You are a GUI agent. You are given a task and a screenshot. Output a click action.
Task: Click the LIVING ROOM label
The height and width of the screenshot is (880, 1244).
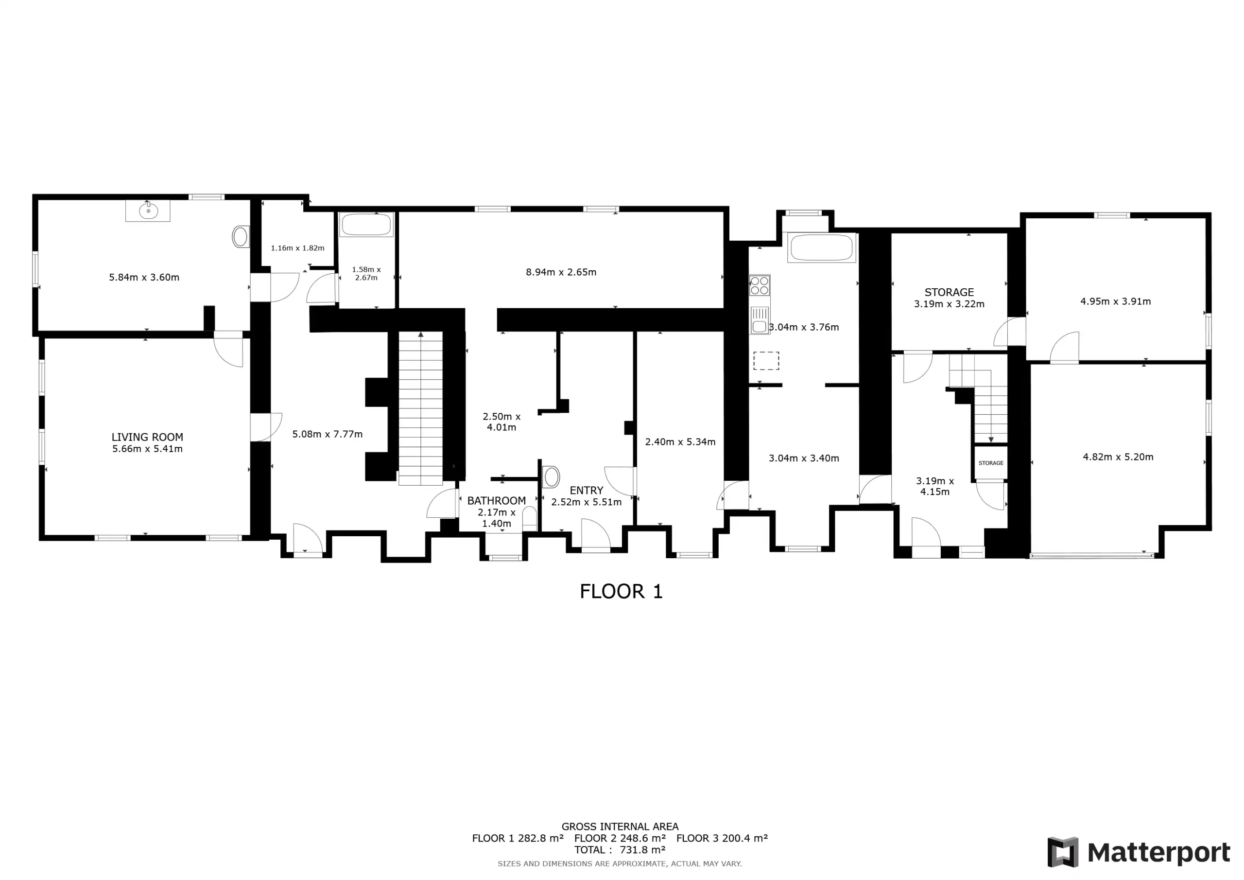tap(147, 437)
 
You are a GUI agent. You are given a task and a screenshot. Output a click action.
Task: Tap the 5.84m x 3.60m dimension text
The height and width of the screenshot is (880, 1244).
tap(144, 277)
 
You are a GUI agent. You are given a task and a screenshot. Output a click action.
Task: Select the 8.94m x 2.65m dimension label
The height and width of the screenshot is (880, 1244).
tap(561, 272)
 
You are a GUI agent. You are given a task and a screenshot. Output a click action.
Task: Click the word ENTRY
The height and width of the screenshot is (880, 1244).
tap(586, 490)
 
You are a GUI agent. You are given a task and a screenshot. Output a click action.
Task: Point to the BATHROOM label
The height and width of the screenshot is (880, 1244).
tap(496, 500)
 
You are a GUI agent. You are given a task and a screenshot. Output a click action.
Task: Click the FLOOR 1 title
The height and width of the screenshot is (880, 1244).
tap(621, 591)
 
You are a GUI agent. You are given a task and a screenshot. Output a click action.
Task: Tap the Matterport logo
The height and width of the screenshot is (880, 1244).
tap(1139, 852)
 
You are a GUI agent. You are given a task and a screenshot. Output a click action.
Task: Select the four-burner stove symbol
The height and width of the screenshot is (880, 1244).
tap(760, 285)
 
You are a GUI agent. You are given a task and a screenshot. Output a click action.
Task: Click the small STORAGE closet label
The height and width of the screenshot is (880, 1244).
tap(991, 463)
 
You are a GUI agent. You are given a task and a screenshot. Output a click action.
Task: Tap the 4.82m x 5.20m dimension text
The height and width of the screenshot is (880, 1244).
tap(1118, 457)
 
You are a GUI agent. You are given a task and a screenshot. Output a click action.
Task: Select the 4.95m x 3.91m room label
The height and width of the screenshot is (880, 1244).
tap(1116, 301)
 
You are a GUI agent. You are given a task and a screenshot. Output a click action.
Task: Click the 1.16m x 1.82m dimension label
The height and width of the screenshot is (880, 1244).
tap(297, 248)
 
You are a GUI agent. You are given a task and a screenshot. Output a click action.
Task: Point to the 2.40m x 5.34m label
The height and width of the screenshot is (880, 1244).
tap(680, 441)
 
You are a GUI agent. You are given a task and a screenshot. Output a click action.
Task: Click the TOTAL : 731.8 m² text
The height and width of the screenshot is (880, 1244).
tap(620, 850)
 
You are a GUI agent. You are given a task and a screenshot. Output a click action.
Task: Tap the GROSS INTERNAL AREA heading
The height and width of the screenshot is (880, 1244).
tap(620, 827)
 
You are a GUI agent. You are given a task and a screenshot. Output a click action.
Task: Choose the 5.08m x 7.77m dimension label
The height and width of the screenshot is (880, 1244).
tap(327, 434)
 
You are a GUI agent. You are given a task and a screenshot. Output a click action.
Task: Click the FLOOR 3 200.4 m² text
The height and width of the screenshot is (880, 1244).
tap(722, 838)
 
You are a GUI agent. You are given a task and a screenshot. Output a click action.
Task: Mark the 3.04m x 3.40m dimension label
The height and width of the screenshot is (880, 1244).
tap(804, 458)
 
